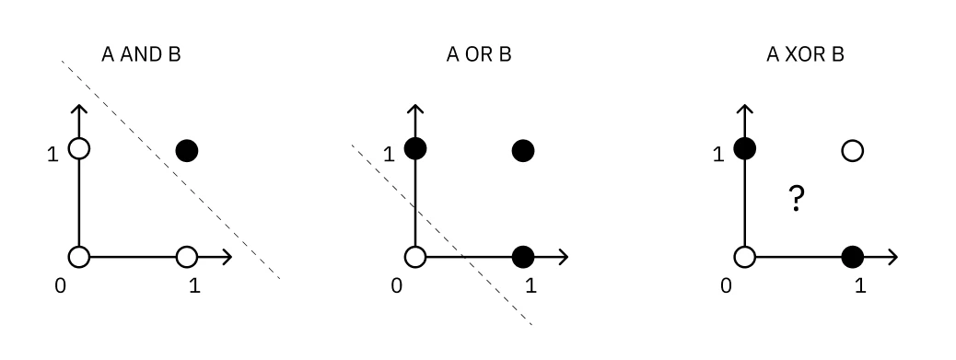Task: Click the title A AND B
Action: pyautogui.click(x=141, y=55)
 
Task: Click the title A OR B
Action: pyautogui.click(x=478, y=55)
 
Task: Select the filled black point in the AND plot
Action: pyautogui.click(x=187, y=149)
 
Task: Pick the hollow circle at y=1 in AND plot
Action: pyautogui.click(x=79, y=148)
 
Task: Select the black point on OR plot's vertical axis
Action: pyautogui.click(x=415, y=148)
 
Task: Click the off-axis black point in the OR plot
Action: pyautogui.click(x=523, y=149)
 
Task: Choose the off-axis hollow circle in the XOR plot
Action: pyautogui.click(x=852, y=149)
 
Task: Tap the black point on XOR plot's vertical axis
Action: pyautogui.click(x=744, y=148)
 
